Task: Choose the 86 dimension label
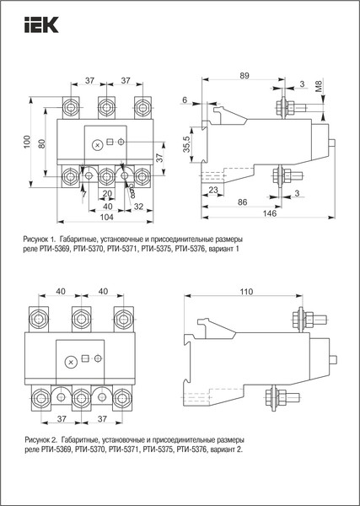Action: click(x=241, y=204)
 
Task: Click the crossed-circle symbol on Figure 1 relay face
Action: click(x=97, y=145)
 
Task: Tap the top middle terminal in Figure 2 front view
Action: click(x=81, y=317)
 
